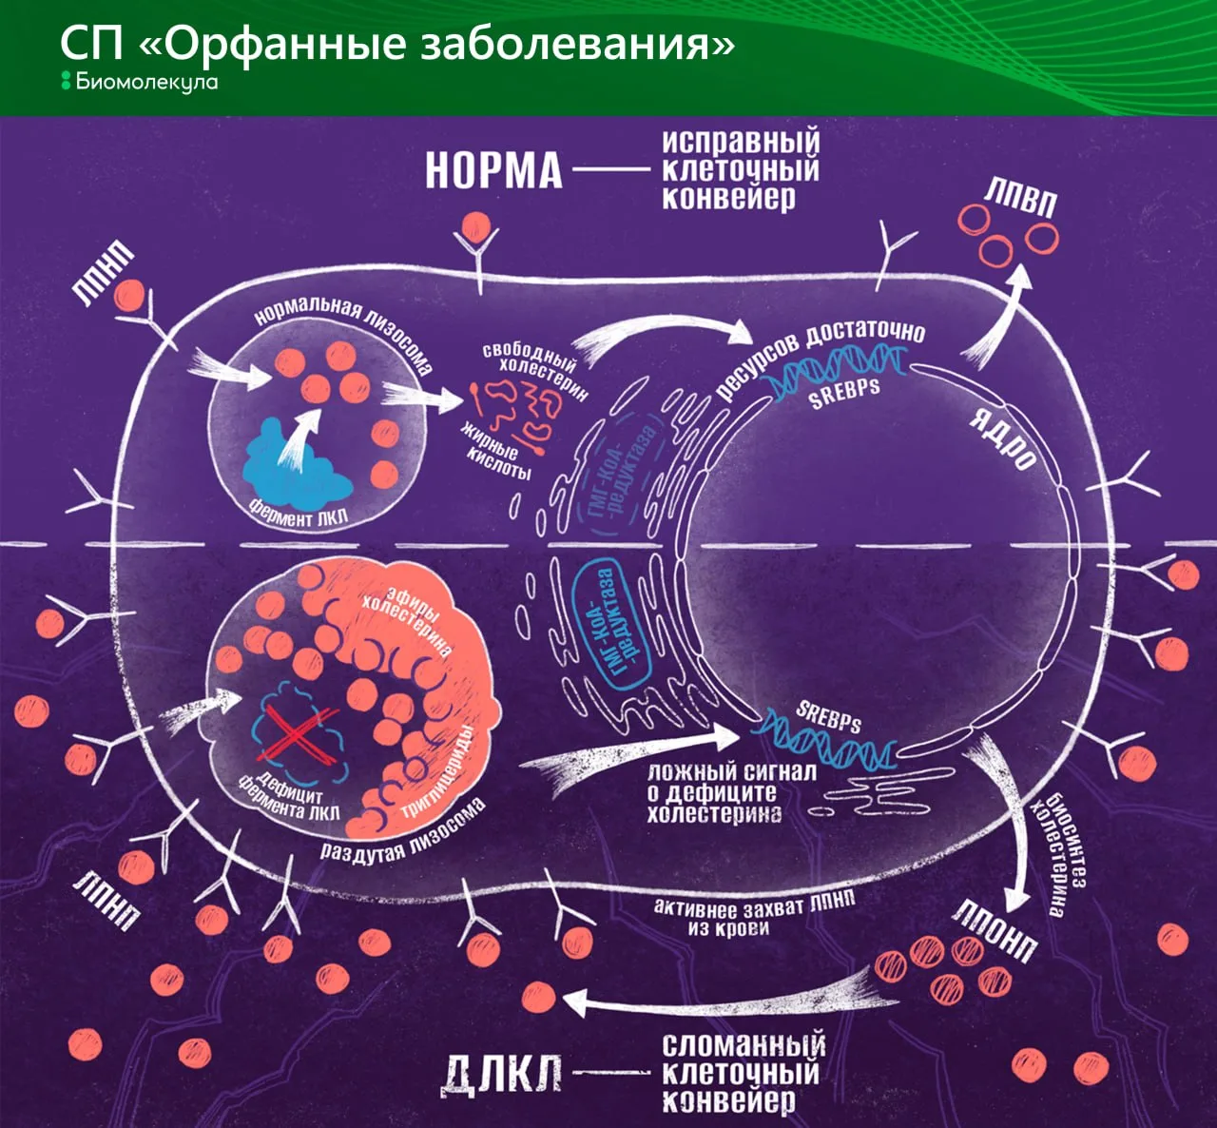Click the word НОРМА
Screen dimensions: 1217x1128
tap(493, 171)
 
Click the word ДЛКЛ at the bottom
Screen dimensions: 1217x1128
tap(501, 1078)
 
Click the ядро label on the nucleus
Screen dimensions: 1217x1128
tap(1002, 438)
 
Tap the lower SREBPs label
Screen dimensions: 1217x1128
tap(828, 717)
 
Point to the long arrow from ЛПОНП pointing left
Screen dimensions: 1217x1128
tap(729, 999)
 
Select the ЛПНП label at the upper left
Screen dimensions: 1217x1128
tap(102, 272)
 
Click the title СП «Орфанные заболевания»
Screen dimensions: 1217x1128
tap(397, 43)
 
